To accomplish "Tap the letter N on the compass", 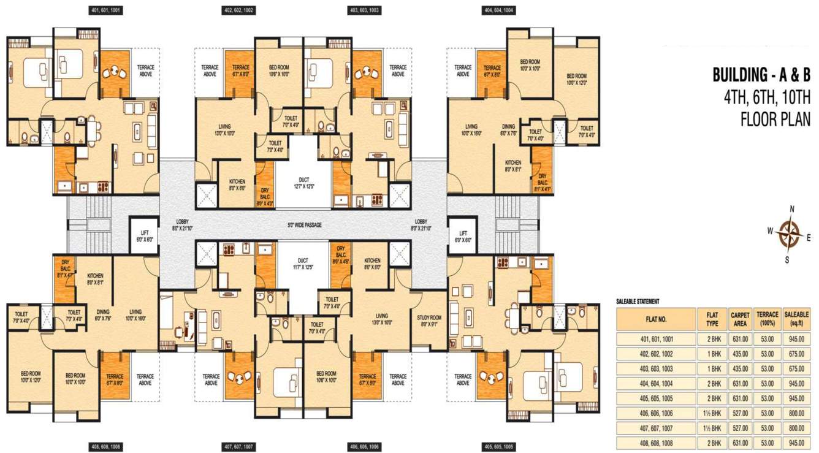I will tap(792, 209).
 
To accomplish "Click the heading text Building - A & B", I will tap(761, 75).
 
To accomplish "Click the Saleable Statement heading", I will tap(638, 302).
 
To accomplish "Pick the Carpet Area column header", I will tap(740, 319).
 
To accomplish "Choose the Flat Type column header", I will tap(712, 319).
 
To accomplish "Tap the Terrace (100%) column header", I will tap(767, 319).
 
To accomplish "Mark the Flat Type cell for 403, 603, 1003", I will tap(712, 368).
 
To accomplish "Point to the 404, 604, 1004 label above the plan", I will tap(498, 10).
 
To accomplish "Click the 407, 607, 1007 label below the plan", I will tap(238, 447).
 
